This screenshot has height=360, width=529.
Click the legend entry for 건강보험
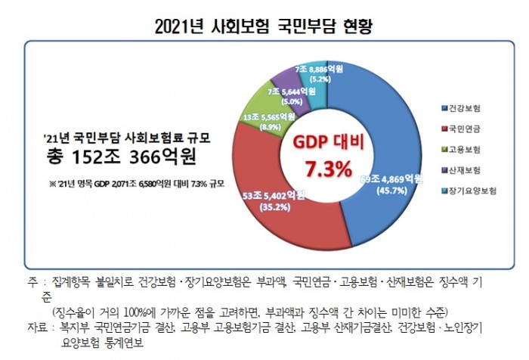click(465, 108)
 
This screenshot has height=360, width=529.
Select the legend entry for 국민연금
click(465, 129)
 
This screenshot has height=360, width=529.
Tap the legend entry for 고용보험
click(465, 150)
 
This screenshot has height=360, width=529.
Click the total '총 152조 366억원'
click(122, 156)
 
